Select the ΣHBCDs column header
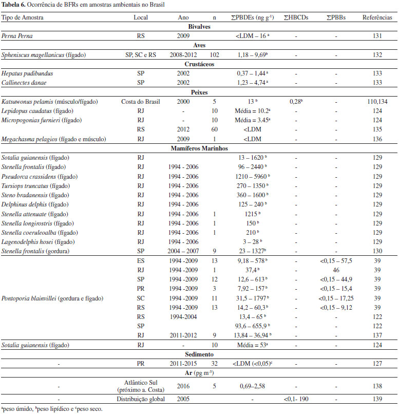pyautogui.click(x=295, y=17)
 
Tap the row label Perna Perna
pyautogui.click(x=15, y=36)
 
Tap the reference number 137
pyautogui.click(x=376, y=335)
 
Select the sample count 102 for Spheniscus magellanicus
pyautogui.click(x=215, y=55)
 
